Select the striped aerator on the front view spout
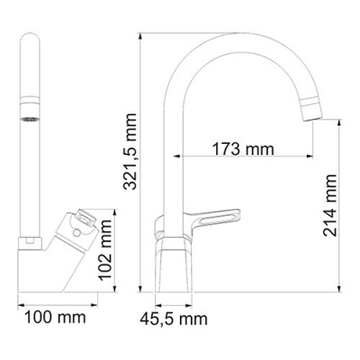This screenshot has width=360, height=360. pyautogui.click(x=31, y=119)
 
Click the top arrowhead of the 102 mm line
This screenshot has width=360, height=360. pyautogui.click(x=115, y=213)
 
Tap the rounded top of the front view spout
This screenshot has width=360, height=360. pyautogui.click(x=31, y=40)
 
